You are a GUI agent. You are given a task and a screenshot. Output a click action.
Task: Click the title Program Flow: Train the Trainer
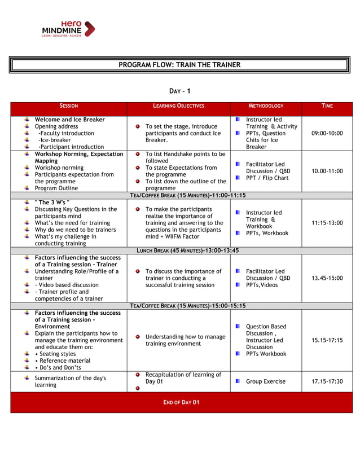click(179, 65)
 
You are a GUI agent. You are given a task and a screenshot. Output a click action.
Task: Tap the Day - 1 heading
click(180, 91)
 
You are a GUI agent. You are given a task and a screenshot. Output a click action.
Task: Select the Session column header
click(69, 106)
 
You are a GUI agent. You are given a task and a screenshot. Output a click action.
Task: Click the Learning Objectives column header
click(178, 106)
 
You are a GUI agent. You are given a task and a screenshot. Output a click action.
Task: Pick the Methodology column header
click(266, 106)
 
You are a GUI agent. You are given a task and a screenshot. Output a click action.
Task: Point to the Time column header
click(327, 106)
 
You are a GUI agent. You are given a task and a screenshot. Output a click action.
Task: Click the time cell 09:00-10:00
click(327, 133)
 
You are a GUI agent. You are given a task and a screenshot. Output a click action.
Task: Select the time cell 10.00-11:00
click(327, 171)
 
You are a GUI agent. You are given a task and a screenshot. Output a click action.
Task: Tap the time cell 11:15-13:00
click(327, 223)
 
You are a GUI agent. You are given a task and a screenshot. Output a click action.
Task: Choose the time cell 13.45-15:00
click(327, 278)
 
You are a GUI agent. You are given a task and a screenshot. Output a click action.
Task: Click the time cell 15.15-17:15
click(327, 340)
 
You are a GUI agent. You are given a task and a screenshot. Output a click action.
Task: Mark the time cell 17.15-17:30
click(327, 381)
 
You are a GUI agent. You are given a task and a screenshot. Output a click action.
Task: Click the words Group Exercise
click(265, 381)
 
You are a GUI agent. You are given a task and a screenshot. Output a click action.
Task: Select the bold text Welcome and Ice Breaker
click(69, 120)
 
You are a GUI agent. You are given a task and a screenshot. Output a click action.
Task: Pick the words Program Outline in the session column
click(58, 188)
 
